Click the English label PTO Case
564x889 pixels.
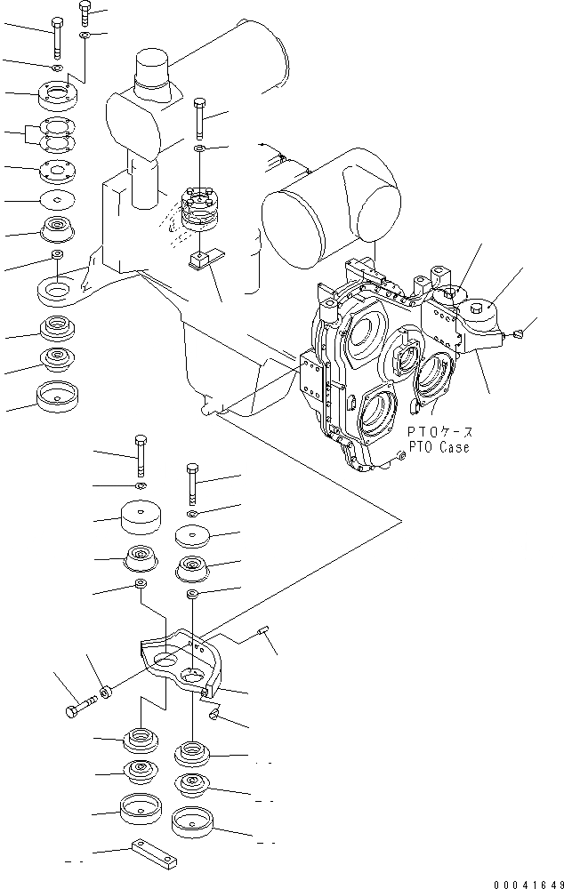click(438, 447)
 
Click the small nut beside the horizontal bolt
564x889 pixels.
click(105, 690)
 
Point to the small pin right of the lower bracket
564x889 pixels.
click(263, 632)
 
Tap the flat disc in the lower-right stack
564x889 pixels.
click(193, 536)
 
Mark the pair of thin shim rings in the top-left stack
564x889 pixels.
click(61, 135)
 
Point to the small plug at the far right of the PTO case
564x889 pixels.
click(519, 335)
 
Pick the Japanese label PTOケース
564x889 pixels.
click(440, 432)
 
